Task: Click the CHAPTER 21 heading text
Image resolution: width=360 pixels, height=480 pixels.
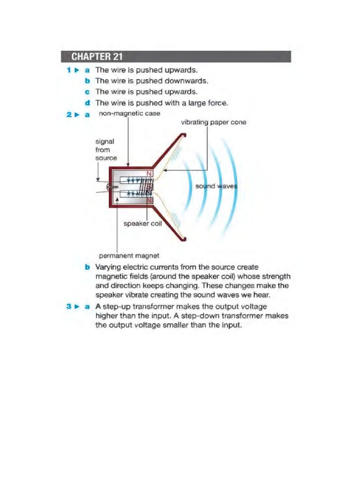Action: [x=97, y=57]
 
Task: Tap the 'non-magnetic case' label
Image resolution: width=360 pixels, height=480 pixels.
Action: [x=129, y=113]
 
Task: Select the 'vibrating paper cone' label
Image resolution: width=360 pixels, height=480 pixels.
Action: [x=213, y=122]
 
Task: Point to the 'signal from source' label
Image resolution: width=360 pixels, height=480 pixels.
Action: [x=106, y=150]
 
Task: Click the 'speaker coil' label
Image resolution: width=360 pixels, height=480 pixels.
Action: [x=142, y=224]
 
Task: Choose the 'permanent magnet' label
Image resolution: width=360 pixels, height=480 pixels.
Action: [x=129, y=255]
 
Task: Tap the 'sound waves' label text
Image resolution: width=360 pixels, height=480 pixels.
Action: [x=216, y=186]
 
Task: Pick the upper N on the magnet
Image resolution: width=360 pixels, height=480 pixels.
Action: [x=150, y=174]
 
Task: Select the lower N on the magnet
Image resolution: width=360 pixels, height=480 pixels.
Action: [x=150, y=200]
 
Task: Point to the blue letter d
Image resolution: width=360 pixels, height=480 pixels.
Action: [x=87, y=103]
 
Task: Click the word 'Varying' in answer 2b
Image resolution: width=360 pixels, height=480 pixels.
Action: [x=107, y=267]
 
